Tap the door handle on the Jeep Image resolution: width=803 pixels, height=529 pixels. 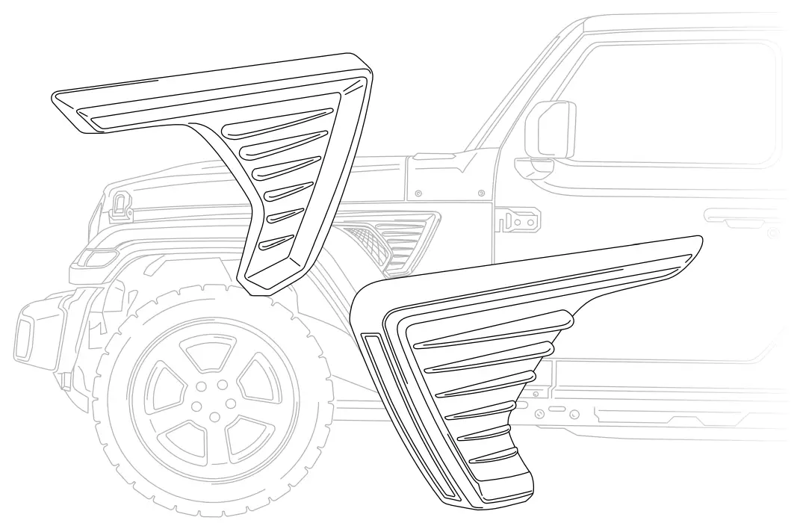tap(737, 219)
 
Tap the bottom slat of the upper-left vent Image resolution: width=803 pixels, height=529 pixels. tap(276, 242)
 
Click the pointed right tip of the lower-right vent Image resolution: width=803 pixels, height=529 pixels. tap(698, 244)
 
